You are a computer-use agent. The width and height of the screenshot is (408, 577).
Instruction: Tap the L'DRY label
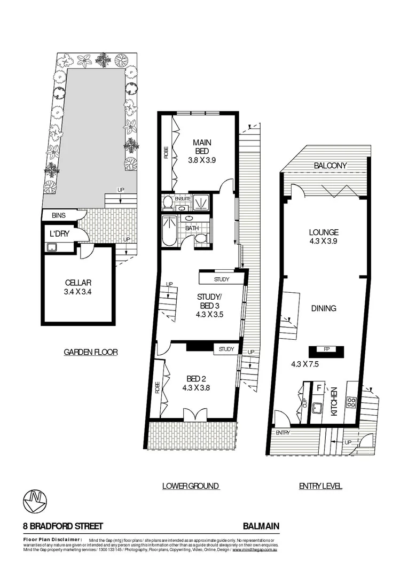pos(58,234)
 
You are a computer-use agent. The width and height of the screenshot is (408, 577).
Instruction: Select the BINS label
pos(59,215)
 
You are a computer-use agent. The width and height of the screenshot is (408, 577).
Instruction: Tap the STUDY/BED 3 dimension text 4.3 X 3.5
pos(209,315)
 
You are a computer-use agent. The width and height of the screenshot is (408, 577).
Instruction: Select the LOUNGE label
pos(324,232)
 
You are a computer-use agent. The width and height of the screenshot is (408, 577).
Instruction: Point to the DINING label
pos(324,308)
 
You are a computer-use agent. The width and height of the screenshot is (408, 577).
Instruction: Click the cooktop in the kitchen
pos(351,401)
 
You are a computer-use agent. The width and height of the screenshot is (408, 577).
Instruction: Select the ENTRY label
pos(283,433)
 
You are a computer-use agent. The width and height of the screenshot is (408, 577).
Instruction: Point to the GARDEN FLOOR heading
pos(91,352)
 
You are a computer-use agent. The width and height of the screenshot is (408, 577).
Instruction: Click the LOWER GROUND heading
pos(191,486)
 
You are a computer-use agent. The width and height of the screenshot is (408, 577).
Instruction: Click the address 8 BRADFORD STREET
pos(63,526)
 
